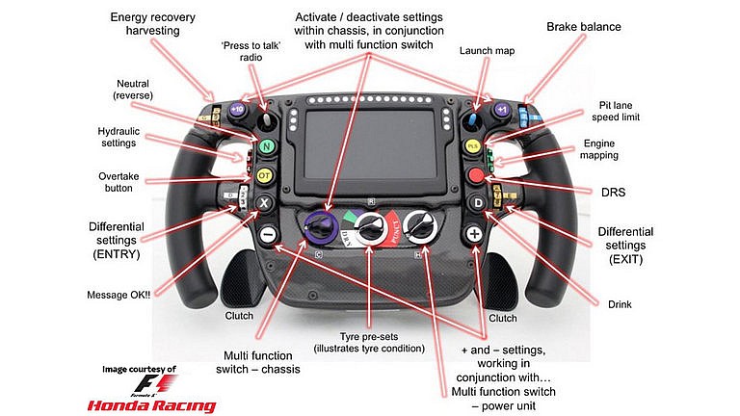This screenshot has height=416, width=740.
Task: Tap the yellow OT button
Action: (x=265, y=176)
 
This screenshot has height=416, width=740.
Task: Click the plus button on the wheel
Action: (x=473, y=234)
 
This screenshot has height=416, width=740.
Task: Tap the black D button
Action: (x=477, y=203)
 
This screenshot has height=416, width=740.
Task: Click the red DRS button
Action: (x=476, y=175)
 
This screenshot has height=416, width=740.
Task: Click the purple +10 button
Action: (x=237, y=110)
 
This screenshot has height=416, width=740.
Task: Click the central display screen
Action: (x=371, y=144)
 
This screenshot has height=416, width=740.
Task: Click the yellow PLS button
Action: (x=474, y=144)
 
